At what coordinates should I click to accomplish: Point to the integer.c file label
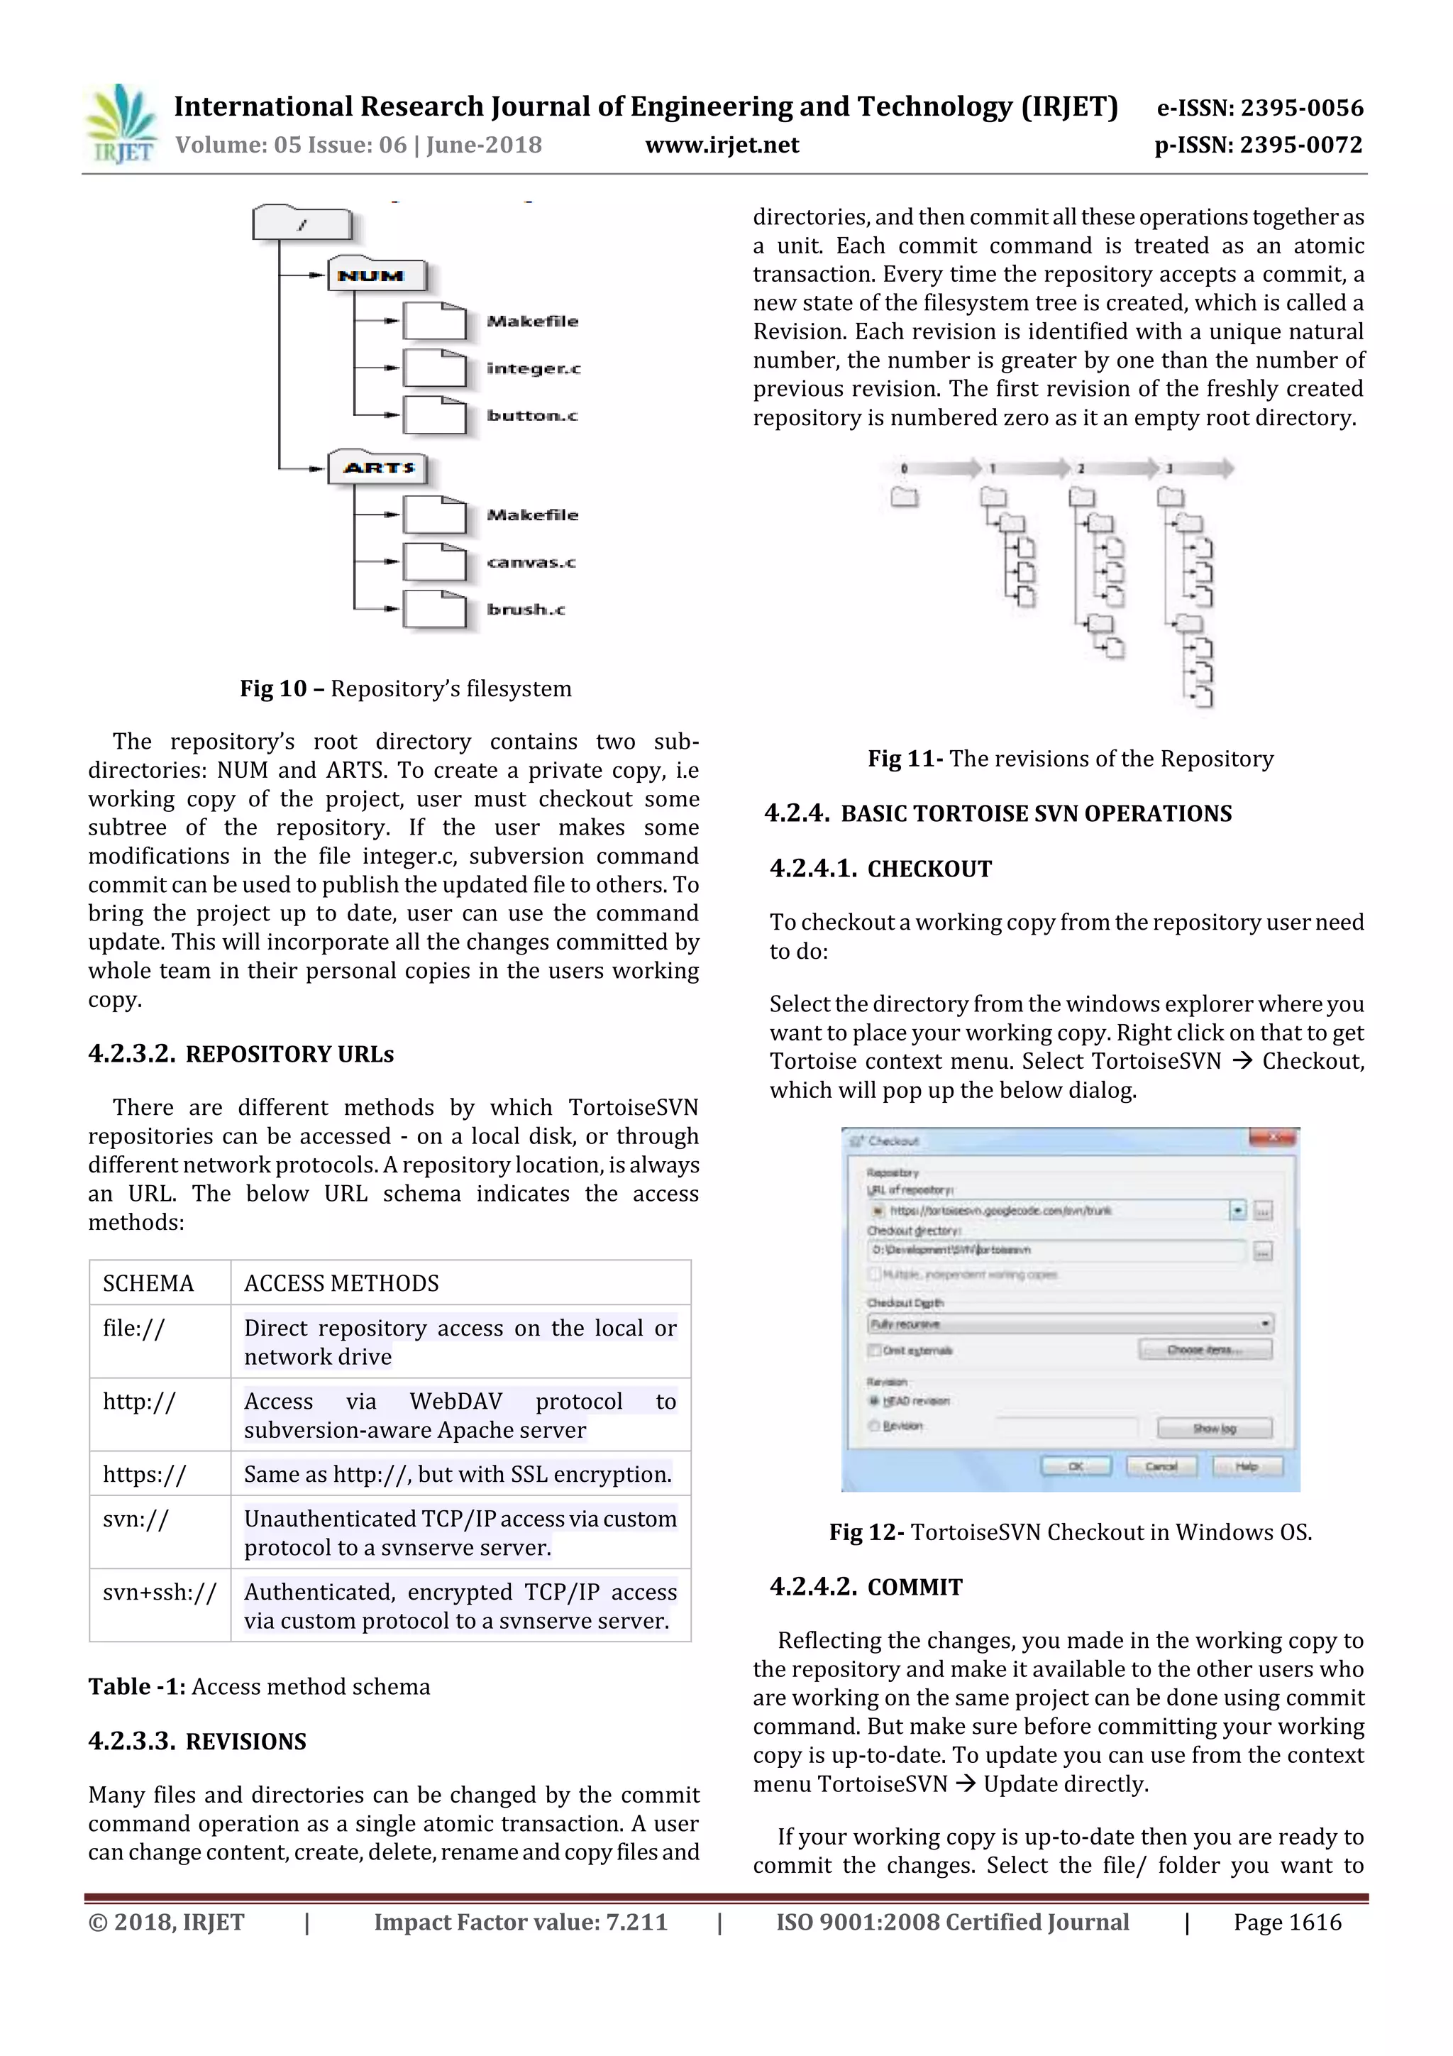click(534, 368)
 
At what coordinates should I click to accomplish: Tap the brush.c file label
click(526, 609)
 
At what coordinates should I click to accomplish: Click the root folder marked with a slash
click(302, 224)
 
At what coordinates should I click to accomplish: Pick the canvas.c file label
click(531, 562)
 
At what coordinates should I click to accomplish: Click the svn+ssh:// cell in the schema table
click(160, 1591)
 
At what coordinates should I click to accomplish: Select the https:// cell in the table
click(144, 1474)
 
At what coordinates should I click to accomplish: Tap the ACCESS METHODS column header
click(341, 1283)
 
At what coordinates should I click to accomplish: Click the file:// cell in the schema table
click(134, 1328)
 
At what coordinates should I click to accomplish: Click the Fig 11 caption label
click(905, 759)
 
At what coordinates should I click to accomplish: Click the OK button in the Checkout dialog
click(1074, 1466)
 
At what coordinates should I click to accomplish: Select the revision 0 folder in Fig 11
click(904, 497)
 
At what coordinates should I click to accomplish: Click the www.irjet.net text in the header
click(722, 145)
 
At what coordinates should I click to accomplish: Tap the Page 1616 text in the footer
click(1286, 1922)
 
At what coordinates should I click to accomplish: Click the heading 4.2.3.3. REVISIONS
click(197, 1741)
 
